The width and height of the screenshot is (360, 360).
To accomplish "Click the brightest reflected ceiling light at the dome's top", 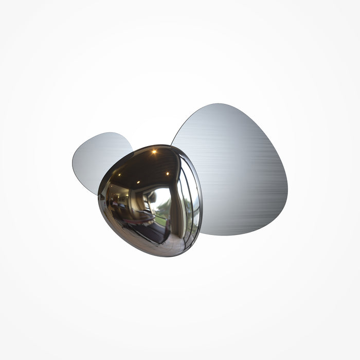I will tap(153, 151).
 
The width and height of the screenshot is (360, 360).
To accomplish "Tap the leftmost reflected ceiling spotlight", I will tap(117, 175).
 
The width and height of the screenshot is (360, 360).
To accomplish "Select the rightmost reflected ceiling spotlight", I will tap(168, 174).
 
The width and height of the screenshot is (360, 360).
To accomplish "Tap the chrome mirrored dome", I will tap(150, 201).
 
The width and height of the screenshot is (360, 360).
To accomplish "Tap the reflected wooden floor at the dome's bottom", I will tap(154, 247).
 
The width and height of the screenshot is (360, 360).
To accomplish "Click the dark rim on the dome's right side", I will tap(199, 206).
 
